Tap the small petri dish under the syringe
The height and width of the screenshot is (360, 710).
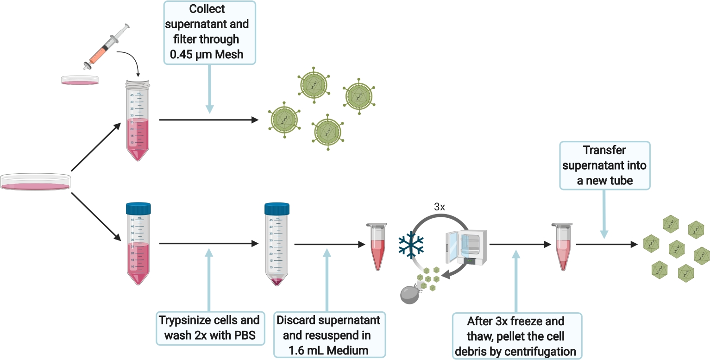click(x=80, y=80)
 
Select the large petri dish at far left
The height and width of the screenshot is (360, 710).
click(x=35, y=182)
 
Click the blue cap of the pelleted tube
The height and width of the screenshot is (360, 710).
click(x=277, y=209)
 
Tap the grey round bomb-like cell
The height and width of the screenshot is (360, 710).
click(x=411, y=294)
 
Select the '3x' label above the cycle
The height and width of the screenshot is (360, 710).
click(x=440, y=207)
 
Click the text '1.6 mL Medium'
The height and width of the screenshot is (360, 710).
click(x=328, y=351)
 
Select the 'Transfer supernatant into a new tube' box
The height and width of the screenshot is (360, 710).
click(x=604, y=165)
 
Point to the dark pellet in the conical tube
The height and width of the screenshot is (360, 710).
click(x=277, y=281)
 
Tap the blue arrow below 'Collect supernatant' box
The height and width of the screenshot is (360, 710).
click(x=210, y=88)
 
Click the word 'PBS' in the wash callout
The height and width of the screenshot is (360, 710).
click(x=243, y=335)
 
